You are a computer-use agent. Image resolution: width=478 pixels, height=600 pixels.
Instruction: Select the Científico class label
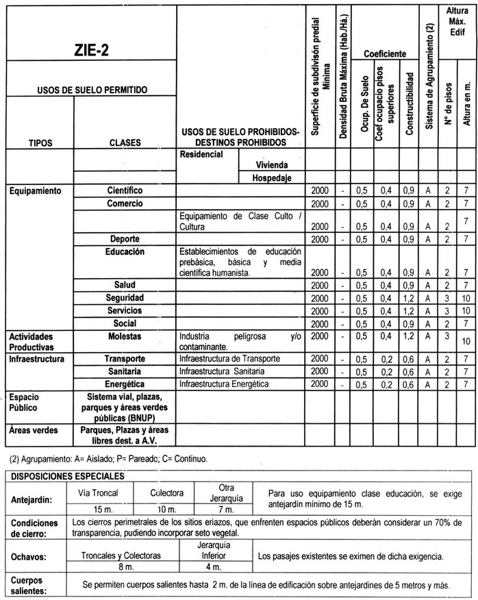[125, 190]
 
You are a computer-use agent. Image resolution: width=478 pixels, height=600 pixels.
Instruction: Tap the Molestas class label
[125, 337]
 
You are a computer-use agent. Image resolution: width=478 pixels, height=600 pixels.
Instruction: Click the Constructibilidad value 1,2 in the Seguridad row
[408, 299]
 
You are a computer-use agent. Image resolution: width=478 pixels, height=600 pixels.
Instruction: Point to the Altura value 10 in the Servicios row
[466, 311]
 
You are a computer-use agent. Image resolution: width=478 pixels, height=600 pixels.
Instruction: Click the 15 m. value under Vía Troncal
[108, 510]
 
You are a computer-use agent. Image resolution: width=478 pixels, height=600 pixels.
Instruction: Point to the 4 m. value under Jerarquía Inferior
[212, 567]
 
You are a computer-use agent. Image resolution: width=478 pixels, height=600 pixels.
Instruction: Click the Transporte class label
[125, 359]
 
